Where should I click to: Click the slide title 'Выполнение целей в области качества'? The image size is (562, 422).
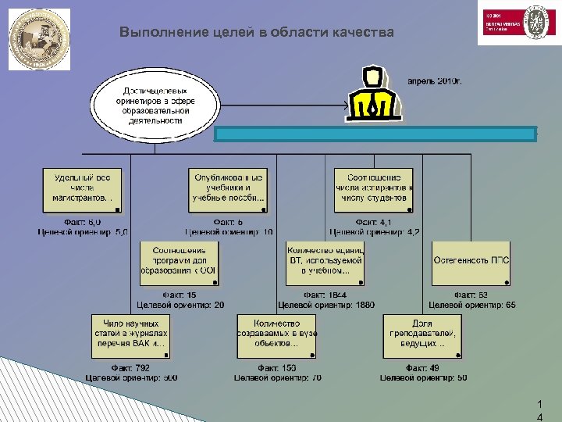tap(257, 33)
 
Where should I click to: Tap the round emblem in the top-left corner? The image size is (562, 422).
tap(39, 39)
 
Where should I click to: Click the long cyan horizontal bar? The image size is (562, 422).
tap(375, 133)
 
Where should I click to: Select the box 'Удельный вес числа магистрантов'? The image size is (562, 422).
tap(82, 190)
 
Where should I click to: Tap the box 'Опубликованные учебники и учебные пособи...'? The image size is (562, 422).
tap(228, 190)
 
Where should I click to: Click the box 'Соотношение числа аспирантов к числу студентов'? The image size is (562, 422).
tap(373, 190)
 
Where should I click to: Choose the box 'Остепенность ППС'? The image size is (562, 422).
tap(471, 262)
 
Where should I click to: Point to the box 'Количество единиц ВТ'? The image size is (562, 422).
tap(325, 262)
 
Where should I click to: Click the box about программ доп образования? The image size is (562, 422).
tap(180, 262)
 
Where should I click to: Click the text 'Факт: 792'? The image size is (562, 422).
tap(130, 367)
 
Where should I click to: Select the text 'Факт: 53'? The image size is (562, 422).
tap(472, 295)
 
